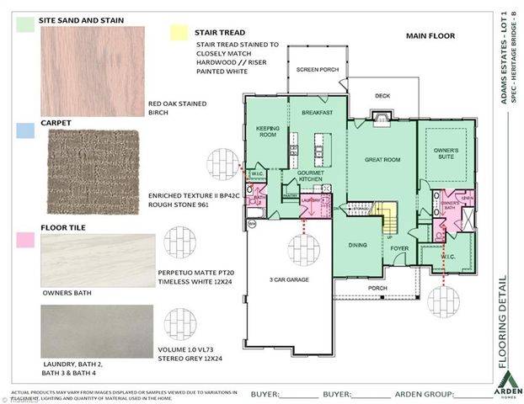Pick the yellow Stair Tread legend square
(x=177, y=33)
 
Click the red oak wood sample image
(x=92, y=70)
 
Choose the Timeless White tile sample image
(x=97, y=260)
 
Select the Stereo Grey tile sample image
(x=97, y=330)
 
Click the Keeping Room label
(x=267, y=131)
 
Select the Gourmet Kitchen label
(x=310, y=176)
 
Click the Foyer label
(x=398, y=248)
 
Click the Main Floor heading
(x=430, y=36)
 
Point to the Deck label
(x=382, y=95)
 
